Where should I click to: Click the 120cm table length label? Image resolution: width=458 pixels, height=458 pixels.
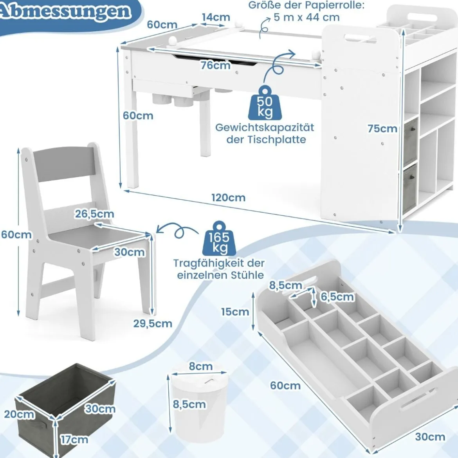click(x=229, y=198)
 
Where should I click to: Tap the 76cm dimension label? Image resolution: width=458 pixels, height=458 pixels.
click(x=216, y=65)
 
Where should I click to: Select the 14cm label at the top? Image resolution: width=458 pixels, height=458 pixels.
click(x=216, y=17)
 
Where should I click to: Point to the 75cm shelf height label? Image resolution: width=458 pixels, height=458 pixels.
click(x=382, y=128)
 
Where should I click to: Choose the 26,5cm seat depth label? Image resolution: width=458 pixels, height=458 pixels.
click(x=94, y=214)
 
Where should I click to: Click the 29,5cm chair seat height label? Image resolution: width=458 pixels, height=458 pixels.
click(x=153, y=323)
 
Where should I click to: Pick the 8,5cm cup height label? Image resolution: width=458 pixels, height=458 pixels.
click(x=189, y=404)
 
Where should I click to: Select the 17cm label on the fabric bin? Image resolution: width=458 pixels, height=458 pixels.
click(x=74, y=439)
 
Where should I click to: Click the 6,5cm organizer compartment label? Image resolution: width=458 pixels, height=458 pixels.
click(x=337, y=297)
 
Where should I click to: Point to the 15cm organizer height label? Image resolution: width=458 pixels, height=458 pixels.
click(x=235, y=312)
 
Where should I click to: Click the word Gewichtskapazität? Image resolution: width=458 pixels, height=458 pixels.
click(x=265, y=128)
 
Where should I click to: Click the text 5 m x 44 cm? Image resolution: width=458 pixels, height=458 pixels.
click(x=307, y=18)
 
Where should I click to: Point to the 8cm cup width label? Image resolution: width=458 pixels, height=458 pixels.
click(x=201, y=366)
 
